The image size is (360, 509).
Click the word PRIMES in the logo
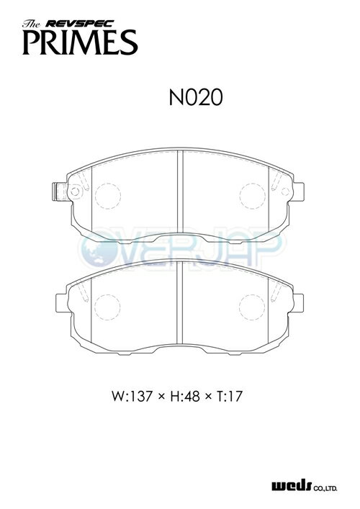[80, 42]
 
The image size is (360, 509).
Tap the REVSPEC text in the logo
[79, 23]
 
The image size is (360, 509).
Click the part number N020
[196, 97]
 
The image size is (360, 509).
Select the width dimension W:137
[132, 397]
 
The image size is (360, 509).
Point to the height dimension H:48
[185, 397]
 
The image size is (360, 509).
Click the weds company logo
[292, 487]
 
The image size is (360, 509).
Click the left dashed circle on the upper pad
[108, 196]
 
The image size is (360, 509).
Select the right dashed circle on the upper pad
[253, 196]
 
